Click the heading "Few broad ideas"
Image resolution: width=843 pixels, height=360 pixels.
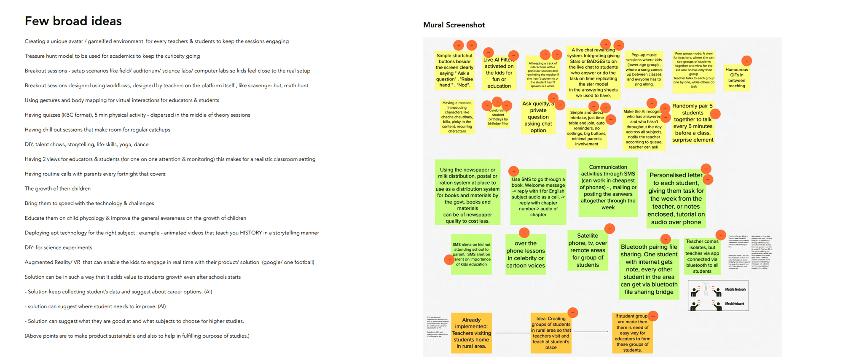[x=73, y=21]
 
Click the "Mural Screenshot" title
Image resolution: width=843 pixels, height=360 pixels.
[x=454, y=25]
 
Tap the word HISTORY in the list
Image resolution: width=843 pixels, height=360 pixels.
[x=251, y=233]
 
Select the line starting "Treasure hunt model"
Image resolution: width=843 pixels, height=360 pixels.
[x=112, y=56]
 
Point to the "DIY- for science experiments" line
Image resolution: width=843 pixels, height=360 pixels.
[x=58, y=247]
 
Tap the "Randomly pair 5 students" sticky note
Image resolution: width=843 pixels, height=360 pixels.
[x=693, y=123]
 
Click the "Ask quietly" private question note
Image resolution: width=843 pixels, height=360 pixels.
[x=538, y=117]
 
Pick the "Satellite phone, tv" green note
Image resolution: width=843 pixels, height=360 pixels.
[x=588, y=250]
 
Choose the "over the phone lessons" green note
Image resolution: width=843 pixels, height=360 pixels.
[x=526, y=255]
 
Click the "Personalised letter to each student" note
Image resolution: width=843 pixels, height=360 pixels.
[x=676, y=199]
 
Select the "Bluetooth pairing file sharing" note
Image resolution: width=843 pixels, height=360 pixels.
[x=649, y=269]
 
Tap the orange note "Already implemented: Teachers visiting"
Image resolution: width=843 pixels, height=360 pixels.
[x=471, y=333]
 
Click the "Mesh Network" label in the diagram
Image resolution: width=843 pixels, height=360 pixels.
[x=734, y=304]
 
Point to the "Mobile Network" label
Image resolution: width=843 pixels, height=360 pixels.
[x=735, y=290]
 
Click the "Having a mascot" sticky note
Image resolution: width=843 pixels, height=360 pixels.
[x=457, y=117]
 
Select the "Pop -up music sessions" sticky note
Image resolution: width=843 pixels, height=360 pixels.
[x=644, y=70]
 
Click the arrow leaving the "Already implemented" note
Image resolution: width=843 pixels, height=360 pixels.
[x=511, y=333]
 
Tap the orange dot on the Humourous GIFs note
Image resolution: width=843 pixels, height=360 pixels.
[x=746, y=61]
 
